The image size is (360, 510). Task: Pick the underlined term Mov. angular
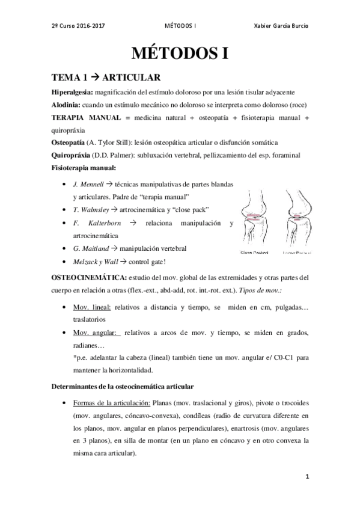click(94, 333)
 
